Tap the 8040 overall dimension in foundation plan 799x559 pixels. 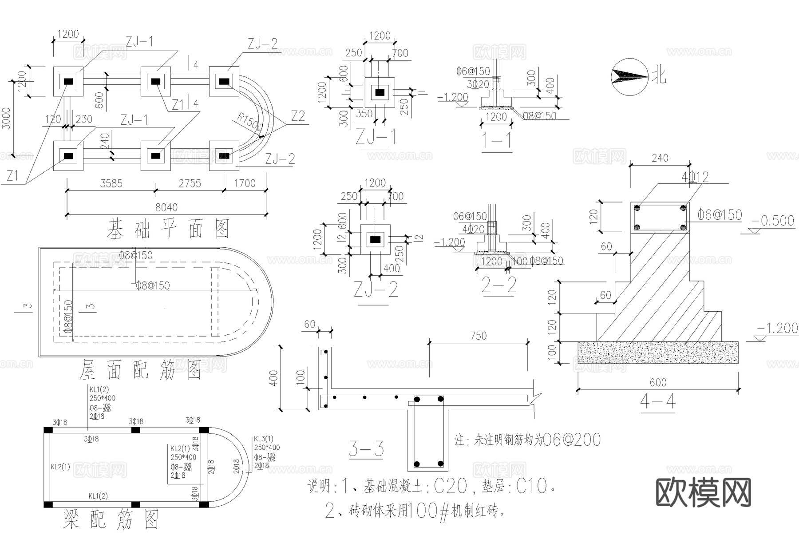(166, 207)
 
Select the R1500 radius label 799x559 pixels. (250, 122)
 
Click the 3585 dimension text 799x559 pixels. (111, 183)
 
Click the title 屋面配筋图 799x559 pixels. (141, 370)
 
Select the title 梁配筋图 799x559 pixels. (111, 519)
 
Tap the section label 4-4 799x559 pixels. (657, 402)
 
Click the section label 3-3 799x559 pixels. (366, 449)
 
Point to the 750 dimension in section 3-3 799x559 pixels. (478, 336)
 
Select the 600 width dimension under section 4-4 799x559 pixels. (658, 383)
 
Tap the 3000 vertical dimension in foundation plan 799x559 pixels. (6, 118)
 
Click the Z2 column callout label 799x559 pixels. (298, 116)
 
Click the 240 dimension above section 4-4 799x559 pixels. (660, 158)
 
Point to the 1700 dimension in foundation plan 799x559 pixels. (245, 183)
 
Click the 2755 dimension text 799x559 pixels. (190, 183)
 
